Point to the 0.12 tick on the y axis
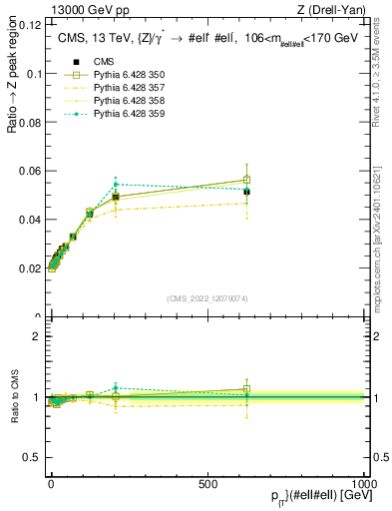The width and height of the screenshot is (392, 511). pos(29,25)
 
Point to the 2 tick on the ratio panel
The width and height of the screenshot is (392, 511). pos(36,336)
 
